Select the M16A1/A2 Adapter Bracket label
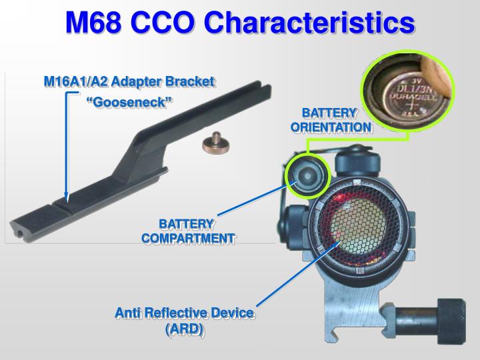[129, 81]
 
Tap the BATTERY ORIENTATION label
[330, 119]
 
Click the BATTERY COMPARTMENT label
[188, 231]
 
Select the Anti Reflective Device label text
[185, 313]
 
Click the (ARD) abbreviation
[184, 329]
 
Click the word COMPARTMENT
[188, 238]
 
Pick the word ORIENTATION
[330, 127]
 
